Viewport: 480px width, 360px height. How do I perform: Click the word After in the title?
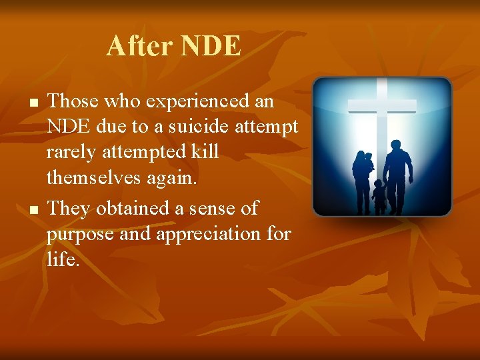coord(139,46)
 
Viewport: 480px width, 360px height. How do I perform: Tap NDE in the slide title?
coord(211,46)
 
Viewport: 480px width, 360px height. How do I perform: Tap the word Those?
coord(74,102)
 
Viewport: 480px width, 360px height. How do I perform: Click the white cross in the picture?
coord(381,106)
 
